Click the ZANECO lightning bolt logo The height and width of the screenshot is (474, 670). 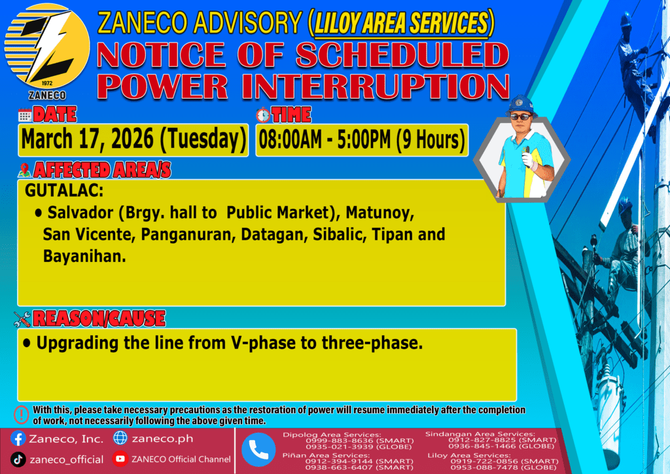pos(47,46)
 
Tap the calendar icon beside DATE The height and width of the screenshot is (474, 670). pos(25,115)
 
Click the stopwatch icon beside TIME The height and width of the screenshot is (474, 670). pos(263,115)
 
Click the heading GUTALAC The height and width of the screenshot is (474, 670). pos(64,191)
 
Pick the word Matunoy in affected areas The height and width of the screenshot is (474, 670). pos(379,213)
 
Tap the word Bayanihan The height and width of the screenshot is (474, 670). pos(84,256)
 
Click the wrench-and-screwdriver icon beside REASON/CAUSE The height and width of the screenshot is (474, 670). pos(22,319)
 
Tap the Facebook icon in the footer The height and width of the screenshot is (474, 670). pos(18,439)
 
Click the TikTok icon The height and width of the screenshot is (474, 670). pos(18,460)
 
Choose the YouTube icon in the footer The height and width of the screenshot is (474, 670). pos(120,459)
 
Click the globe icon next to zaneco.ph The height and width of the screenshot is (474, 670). pos(120,438)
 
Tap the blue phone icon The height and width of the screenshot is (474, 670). pos(258,450)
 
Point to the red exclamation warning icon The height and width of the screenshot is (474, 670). pos(22,414)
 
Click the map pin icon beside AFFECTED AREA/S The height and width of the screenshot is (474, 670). pos(24,170)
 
